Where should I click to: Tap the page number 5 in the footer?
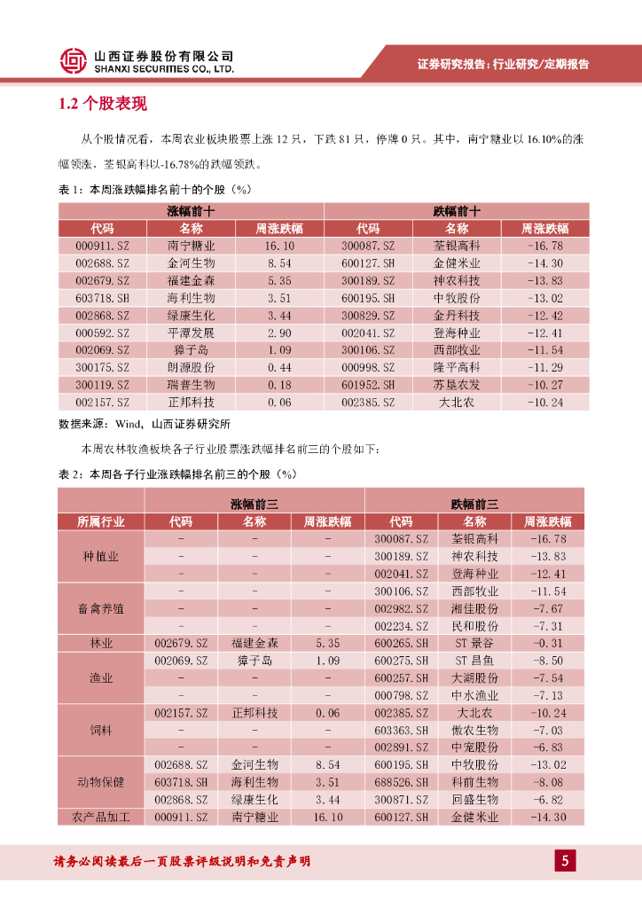click(565, 860)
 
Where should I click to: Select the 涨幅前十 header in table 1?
click(191, 211)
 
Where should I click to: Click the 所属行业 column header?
click(101, 521)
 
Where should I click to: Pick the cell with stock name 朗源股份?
click(191, 367)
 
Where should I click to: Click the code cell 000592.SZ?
click(102, 333)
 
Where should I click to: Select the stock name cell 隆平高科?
click(457, 367)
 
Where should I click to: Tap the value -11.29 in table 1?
click(544, 367)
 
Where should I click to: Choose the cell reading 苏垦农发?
click(457, 385)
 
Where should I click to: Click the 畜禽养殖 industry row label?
click(101, 609)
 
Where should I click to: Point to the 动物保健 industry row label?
click(101, 782)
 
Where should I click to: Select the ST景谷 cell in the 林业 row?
click(474, 643)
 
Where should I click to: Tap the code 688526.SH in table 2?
click(401, 782)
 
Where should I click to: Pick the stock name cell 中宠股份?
click(474, 748)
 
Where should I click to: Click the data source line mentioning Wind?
click(144, 424)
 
